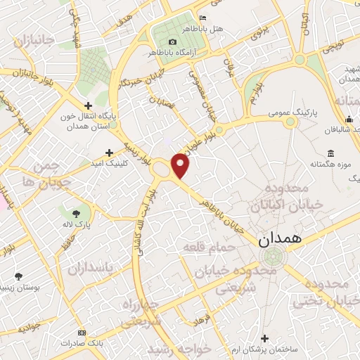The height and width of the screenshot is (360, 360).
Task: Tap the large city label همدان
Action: coord(280,238)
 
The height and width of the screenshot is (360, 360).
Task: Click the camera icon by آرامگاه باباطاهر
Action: coord(173,42)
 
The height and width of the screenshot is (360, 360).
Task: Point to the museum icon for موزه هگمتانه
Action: coord(331,153)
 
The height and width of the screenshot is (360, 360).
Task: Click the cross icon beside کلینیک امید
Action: coord(109,152)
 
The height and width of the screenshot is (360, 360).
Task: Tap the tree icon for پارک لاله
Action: coord(76,212)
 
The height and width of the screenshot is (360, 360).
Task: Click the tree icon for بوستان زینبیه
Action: coord(19,276)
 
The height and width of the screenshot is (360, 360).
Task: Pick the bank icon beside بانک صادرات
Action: coord(82,332)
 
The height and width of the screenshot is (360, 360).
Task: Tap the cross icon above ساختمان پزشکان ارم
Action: coord(264,338)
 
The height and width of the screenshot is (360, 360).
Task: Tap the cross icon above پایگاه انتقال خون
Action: coord(87,104)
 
